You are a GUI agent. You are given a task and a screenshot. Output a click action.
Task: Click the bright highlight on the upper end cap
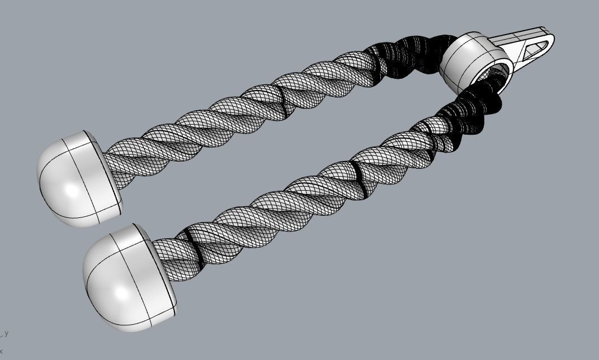[72, 190]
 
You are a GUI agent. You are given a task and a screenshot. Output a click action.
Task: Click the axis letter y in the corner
[6, 333]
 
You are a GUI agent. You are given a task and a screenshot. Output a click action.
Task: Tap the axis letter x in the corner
[2, 351]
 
